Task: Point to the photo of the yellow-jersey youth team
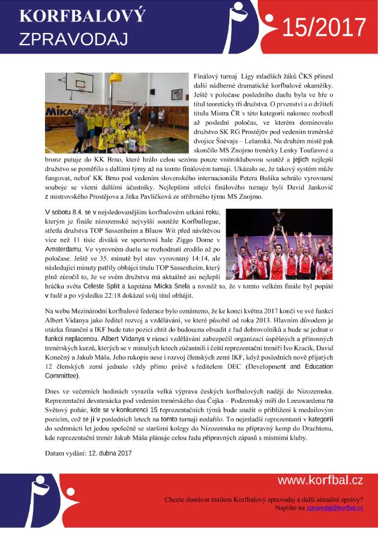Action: [x=116, y=113]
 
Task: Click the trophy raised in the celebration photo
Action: [x=278, y=216]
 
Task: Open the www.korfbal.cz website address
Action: [x=320, y=480]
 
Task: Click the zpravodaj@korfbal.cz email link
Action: [x=335, y=508]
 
